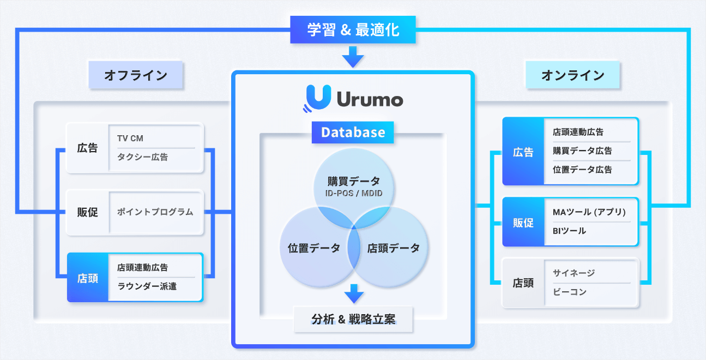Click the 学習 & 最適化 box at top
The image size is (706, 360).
(x=353, y=29)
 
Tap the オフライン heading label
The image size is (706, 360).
(x=136, y=75)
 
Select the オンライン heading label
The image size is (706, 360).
(x=572, y=75)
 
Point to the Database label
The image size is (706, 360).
(x=353, y=133)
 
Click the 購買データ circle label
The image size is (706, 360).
(x=353, y=181)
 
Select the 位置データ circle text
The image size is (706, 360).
(x=313, y=248)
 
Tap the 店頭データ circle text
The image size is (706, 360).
(x=393, y=248)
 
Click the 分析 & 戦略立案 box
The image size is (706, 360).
(x=353, y=320)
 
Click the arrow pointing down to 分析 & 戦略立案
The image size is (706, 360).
(x=353, y=294)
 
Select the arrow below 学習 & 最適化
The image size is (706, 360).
(x=353, y=56)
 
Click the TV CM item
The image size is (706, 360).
(x=130, y=139)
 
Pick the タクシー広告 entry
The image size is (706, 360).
(x=142, y=157)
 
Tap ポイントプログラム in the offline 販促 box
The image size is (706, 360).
(x=155, y=212)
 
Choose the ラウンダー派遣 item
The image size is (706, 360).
(x=147, y=286)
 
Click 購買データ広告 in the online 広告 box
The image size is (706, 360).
(x=582, y=151)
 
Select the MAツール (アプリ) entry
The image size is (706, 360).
(x=589, y=212)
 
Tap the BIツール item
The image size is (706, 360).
(x=569, y=231)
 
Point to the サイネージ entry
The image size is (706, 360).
(x=574, y=273)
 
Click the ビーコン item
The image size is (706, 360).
(x=570, y=292)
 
